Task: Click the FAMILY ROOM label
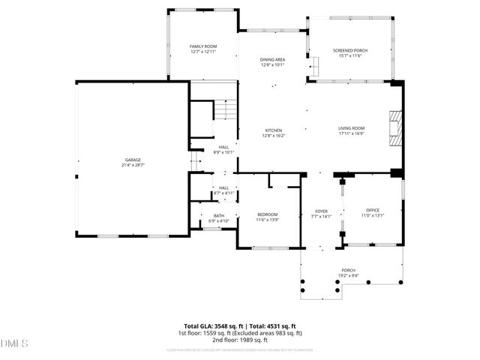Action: [x=202, y=46]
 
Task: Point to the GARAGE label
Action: [x=132, y=159]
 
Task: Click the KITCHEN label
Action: [x=272, y=130]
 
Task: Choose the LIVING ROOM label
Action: [x=351, y=128]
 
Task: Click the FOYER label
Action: [x=320, y=211]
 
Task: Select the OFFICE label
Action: [x=373, y=210]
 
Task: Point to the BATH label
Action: [x=219, y=216]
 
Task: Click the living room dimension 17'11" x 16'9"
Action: [x=351, y=133]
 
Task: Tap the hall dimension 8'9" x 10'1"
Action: [x=223, y=152]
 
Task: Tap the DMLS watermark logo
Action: [x=14, y=344]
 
